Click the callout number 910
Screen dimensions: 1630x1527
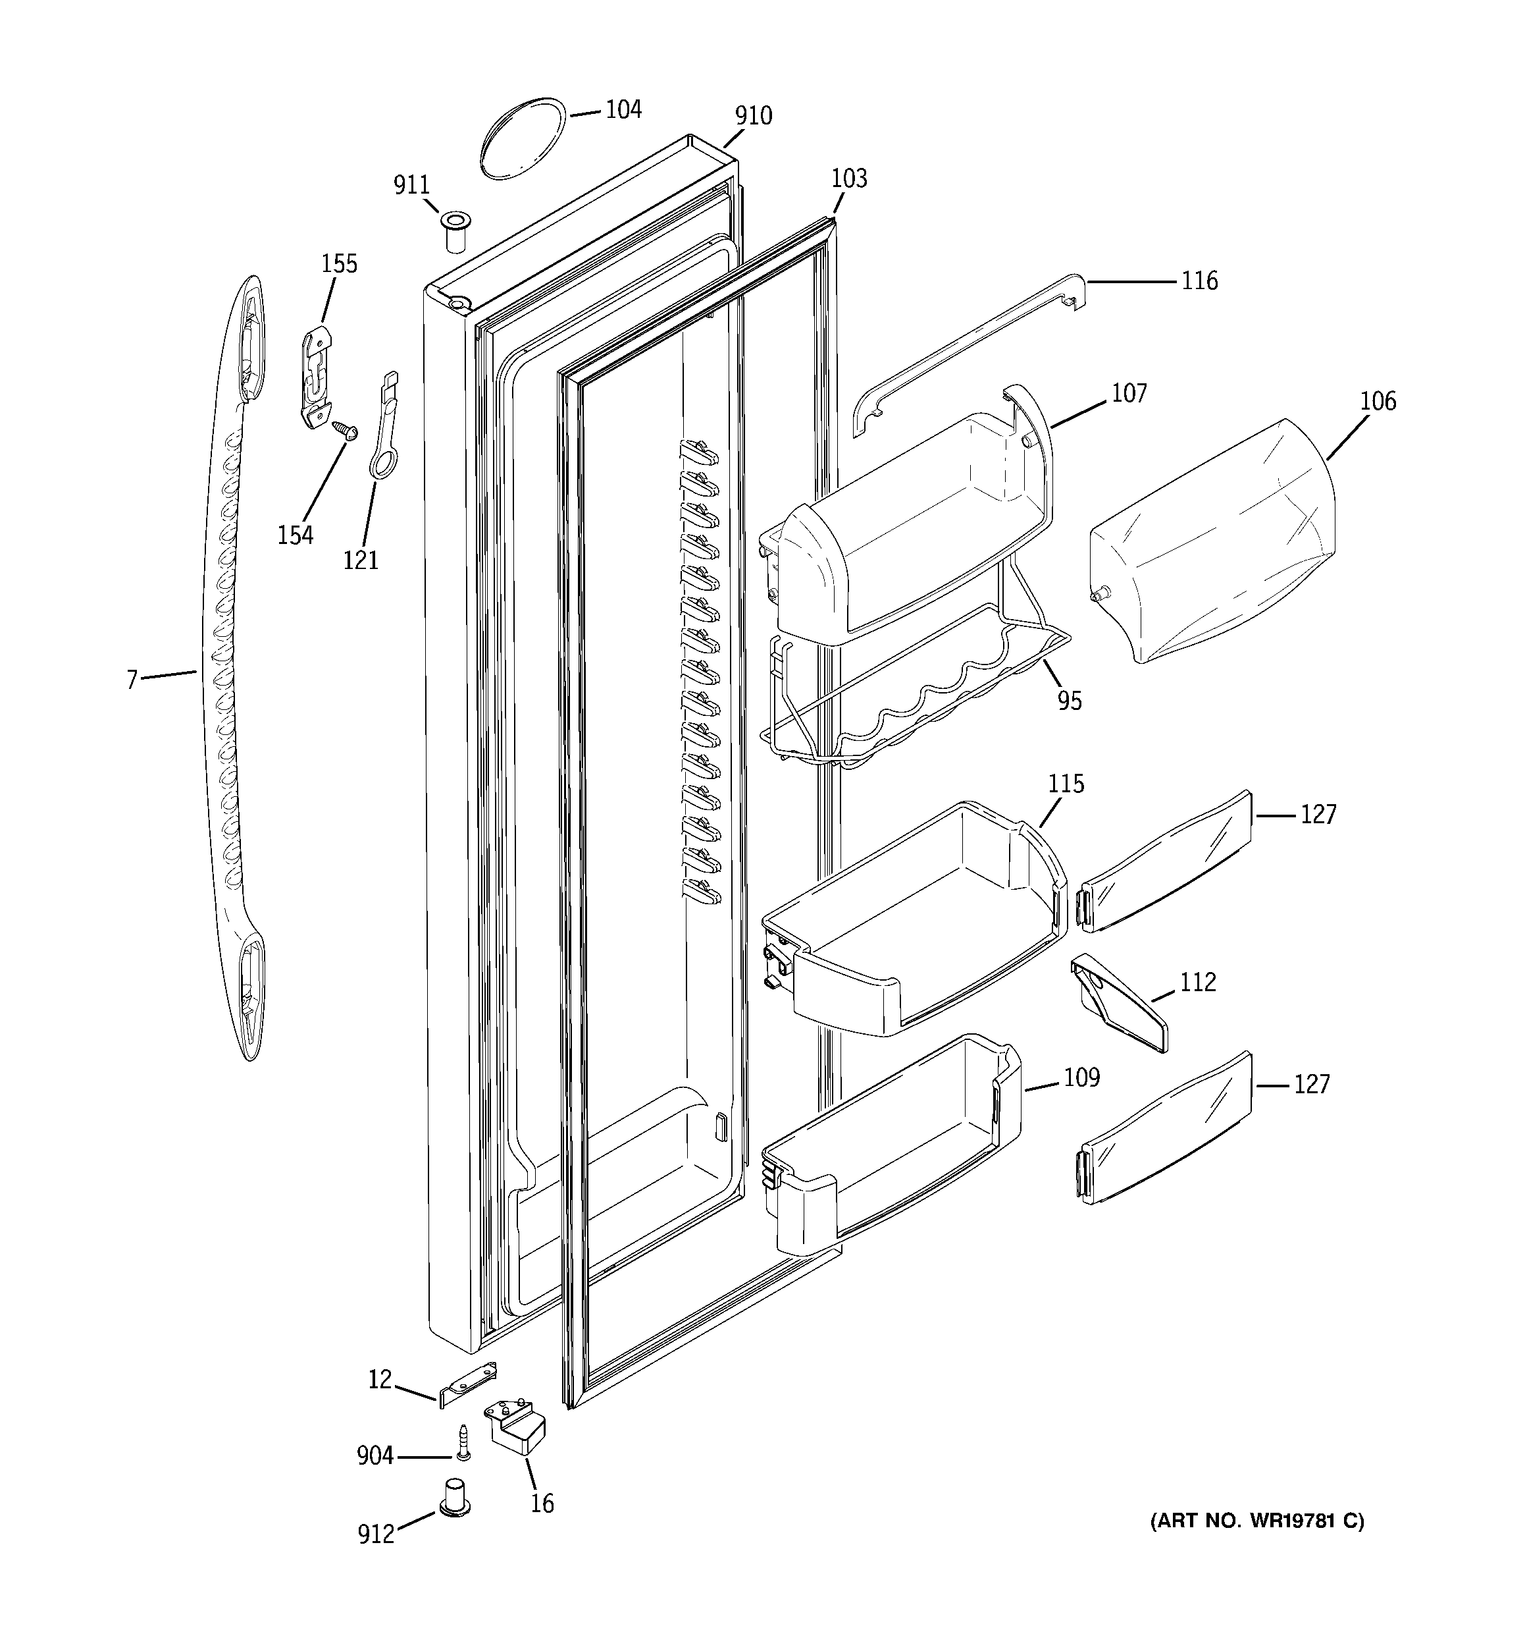coord(752,117)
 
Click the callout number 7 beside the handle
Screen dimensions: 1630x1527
coord(131,680)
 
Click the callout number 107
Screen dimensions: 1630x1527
coord(1129,394)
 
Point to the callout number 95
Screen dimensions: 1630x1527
coord(1069,701)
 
